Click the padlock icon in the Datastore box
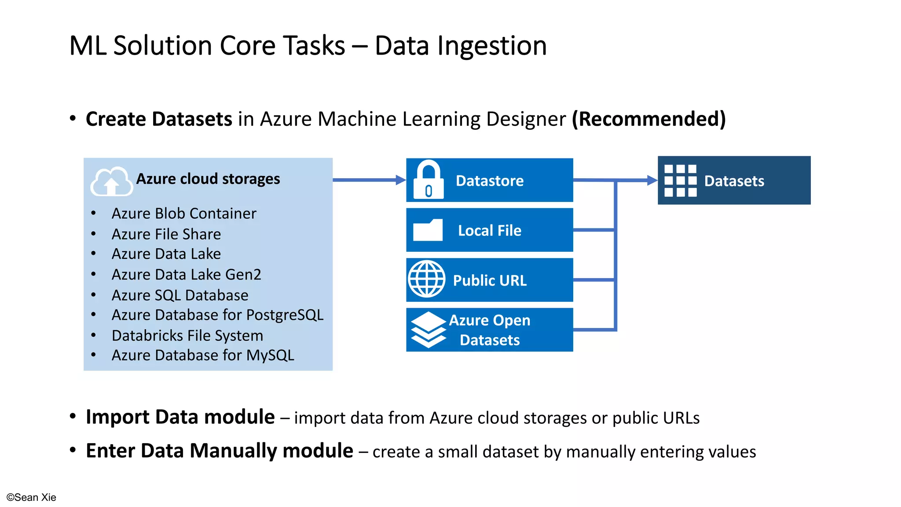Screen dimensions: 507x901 tap(428, 180)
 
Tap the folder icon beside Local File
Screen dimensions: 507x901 tap(428, 230)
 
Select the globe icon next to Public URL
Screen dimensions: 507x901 tap(426, 279)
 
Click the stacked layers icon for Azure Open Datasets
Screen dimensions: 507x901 tap(428, 330)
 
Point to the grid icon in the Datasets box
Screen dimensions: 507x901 tap(680, 180)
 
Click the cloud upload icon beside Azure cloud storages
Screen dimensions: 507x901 tap(111, 181)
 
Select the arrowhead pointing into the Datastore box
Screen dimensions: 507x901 tap(400, 180)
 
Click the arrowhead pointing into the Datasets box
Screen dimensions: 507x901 tap(652, 180)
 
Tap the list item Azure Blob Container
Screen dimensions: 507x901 tap(183, 213)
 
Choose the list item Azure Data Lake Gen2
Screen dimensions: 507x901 tap(186, 275)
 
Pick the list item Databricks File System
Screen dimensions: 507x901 tap(187, 336)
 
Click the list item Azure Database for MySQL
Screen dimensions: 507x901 tap(202, 355)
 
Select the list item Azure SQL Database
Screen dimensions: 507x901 tap(179, 295)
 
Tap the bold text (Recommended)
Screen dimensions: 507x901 tap(648, 119)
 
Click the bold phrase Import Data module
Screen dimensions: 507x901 tap(180, 417)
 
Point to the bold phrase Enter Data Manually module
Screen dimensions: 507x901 tap(219, 451)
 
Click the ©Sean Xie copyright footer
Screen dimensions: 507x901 tap(31, 497)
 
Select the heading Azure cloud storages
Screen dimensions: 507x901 tap(208, 179)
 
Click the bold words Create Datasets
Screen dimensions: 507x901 tap(159, 119)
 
